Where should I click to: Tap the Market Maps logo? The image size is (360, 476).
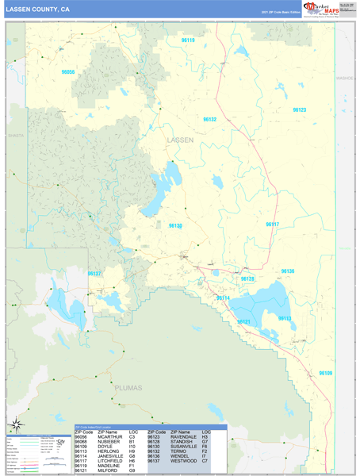314,9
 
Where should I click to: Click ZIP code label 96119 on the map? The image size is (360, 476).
188,40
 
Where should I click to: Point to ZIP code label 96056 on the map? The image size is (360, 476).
68,72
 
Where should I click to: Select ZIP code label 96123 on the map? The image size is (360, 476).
299,110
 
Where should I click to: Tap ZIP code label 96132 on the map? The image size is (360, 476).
209,119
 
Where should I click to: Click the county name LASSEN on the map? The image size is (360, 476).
180,140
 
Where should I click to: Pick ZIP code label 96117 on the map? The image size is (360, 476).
272,225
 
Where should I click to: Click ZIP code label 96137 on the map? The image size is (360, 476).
94,274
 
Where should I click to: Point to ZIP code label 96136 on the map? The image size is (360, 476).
287,271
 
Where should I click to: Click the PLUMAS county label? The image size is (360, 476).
126,389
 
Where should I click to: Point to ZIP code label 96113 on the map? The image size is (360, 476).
284,318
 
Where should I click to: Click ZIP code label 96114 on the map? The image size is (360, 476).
223,298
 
